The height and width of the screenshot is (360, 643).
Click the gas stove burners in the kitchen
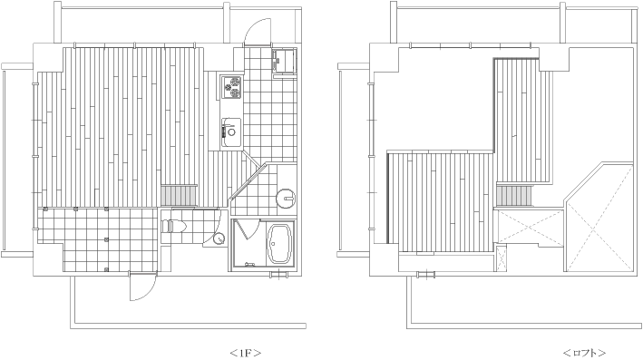tap(231, 87)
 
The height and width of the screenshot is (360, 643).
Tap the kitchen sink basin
tap(231, 132)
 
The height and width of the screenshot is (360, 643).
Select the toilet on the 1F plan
tap(174, 226)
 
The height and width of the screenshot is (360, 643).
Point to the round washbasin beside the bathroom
tap(286, 198)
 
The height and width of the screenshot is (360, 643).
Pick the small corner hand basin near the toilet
tap(219, 238)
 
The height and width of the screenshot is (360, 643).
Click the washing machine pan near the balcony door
tap(285, 61)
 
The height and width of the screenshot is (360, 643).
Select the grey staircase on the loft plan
tap(514, 195)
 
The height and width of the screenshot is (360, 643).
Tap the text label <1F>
tap(245, 352)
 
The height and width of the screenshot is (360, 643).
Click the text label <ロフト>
tap(584, 352)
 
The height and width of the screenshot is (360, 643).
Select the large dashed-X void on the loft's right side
tap(599, 218)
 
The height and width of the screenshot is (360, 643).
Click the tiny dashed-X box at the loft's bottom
tap(501, 258)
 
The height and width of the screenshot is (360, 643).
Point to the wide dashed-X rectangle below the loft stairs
tap(530, 227)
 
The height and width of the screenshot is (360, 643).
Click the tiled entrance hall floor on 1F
tap(98, 238)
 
